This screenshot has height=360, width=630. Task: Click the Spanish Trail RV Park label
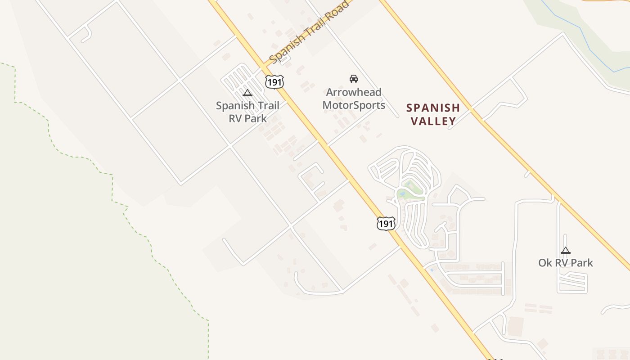pos(247,112)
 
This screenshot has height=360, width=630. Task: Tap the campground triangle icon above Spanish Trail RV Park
pos(247,93)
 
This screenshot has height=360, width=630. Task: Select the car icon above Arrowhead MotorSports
pos(354,79)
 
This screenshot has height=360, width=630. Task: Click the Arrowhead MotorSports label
pos(354,99)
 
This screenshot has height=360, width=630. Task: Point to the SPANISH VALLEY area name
pos(433,114)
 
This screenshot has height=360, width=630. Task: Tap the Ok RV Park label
pos(566,263)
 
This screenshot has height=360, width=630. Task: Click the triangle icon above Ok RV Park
pos(566,251)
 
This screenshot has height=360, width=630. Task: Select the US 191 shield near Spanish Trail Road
pos(274,81)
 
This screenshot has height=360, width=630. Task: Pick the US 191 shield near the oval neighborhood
pos(386,223)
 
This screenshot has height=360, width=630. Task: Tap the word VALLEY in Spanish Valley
pos(433,121)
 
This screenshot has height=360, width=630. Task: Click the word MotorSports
pos(354,105)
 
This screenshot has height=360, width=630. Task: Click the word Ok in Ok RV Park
pos(545,263)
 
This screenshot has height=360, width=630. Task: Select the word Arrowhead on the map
pos(354,92)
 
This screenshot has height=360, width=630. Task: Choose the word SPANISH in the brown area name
pos(433,108)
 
